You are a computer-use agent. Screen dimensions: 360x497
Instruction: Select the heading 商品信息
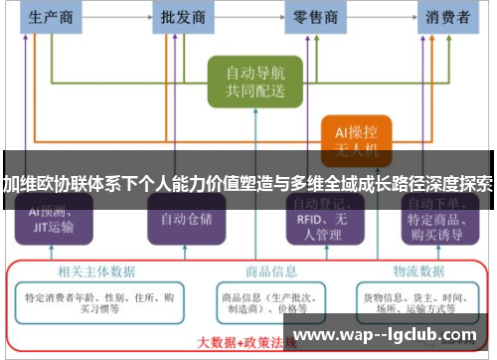pos(271,270)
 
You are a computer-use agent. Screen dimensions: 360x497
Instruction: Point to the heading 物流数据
pos(416,270)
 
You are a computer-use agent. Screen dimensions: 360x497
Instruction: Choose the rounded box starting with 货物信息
pos(416,299)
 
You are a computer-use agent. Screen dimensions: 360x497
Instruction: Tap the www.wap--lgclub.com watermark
pos(388,335)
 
